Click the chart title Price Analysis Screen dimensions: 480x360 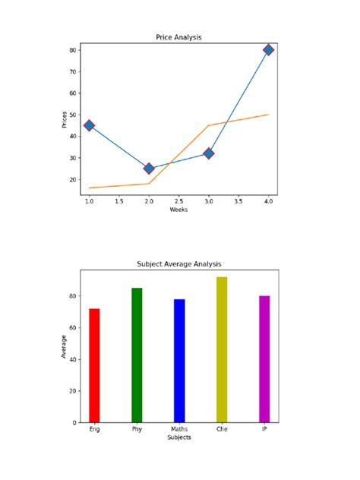point(178,37)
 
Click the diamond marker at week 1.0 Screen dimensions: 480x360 point(89,125)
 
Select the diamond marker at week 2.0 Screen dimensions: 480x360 point(149,169)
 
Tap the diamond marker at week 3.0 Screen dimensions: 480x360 point(209,153)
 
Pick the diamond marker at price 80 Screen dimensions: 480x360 point(269,50)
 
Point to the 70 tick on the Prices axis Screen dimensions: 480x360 point(74,72)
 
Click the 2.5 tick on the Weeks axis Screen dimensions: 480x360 point(178,202)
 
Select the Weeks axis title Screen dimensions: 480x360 point(178,210)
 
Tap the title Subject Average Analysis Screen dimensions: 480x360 point(178,264)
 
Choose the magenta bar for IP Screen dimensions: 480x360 point(264,359)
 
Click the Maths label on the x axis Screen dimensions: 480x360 point(179,430)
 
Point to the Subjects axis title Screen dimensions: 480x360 point(178,438)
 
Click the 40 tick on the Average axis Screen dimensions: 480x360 point(74,359)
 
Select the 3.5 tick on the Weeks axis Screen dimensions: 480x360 point(238,202)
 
